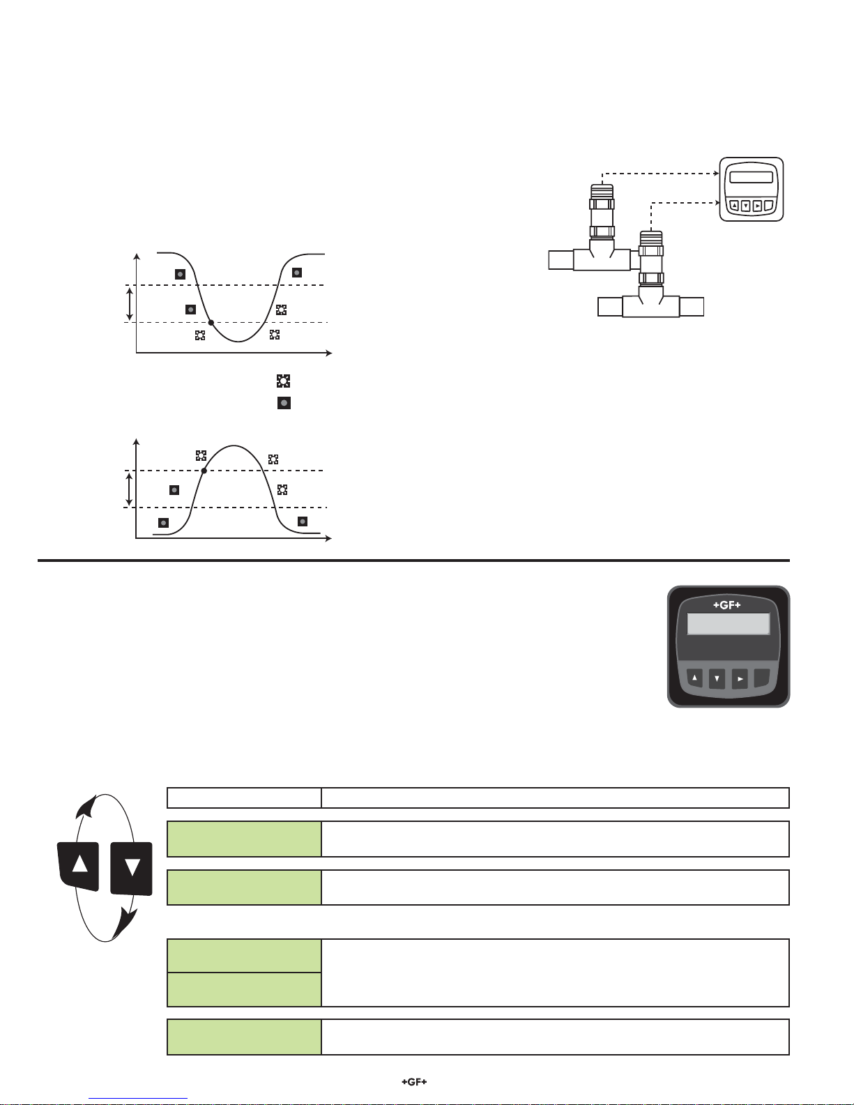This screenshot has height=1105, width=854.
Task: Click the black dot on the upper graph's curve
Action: [x=211, y=322]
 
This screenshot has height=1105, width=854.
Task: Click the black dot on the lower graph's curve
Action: [x=204, y=471]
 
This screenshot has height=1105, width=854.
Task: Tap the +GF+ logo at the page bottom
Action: [x=414, y=1081]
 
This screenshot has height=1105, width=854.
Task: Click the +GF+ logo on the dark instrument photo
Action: [x=727, y=605]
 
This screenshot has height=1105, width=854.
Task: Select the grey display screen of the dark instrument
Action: [x=729, y=623]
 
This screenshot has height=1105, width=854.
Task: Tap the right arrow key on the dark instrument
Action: [x=740, y=679]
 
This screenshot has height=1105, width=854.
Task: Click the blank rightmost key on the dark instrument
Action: [x=762, y=678]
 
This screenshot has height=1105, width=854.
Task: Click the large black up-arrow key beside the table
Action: [x=78, y=866]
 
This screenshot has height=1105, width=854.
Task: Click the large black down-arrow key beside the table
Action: [x=132, y=869]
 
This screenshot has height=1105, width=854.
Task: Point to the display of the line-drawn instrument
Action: [x=752, y=177]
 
